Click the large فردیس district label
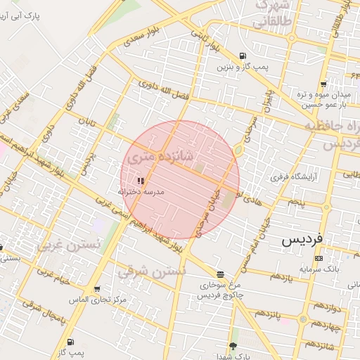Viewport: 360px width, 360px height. [302, 239]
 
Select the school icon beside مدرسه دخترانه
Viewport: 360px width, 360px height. [141, 181]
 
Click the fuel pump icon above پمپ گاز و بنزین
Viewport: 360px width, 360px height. [243, 56]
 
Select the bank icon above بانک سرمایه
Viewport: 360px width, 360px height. [319, 258]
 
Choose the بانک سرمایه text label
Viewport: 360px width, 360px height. [319, 269]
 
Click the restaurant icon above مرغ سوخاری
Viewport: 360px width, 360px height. [221, 274]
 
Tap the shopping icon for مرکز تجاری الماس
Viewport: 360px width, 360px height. [96, 289]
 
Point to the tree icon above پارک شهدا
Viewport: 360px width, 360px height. [233, 346]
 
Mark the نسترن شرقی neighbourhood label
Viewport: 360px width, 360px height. [153, 271]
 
